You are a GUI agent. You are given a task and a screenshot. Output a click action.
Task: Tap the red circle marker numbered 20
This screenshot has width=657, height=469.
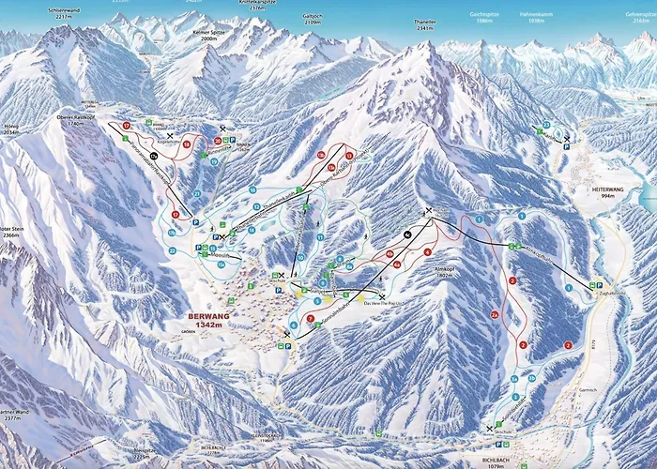(218, 141)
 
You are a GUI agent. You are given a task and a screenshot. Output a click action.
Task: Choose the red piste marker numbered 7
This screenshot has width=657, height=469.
(310, 319)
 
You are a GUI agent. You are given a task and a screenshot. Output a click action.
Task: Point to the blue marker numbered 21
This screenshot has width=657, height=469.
(197, 193)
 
